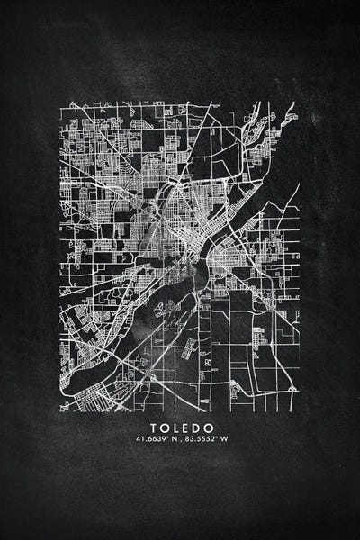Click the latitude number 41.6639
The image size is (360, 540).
click(148, 439)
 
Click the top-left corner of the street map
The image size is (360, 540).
click(61, 102)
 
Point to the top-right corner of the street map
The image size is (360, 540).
click(298, 102)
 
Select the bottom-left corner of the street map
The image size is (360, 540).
click(61, 410)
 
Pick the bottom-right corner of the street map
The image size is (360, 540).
click(298, 410)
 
